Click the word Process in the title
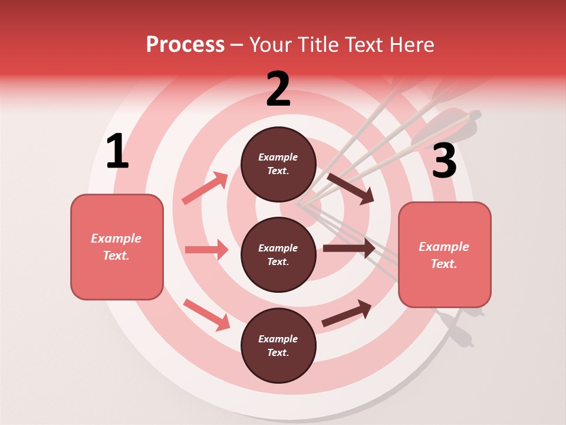[x=185, y=44]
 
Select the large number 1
[x=117, y=152]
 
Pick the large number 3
[x=444, y=161]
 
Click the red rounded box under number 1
[x=117, y=247]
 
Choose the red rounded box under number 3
[x=445, y=255]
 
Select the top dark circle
[x=278, y=164]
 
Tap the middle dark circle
[x=278, y=255]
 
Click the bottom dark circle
[x=278, y=346]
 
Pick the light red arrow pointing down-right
[x=206, y=315]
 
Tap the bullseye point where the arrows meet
[x=298, y=205]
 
